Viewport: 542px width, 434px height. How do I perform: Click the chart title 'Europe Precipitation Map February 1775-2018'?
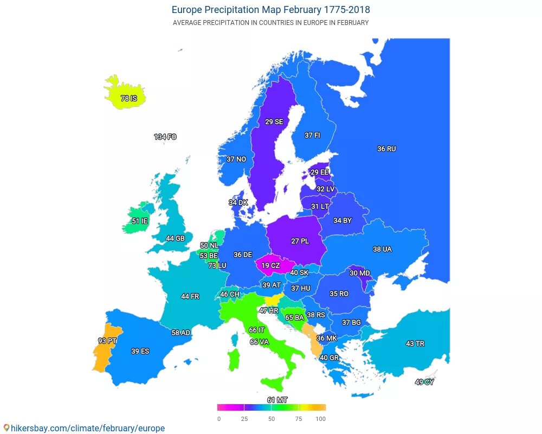[270, 10]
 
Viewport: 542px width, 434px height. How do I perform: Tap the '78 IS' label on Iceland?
[128, 99]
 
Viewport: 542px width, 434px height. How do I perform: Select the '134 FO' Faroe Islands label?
[165, 137]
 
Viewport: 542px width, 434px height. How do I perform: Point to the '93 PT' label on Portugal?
[107, 341]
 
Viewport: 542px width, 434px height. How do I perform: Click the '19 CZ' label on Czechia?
[270, 265]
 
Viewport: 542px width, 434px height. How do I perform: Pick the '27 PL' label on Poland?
[300, 241]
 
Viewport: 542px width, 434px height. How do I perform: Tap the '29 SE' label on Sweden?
[274, 122]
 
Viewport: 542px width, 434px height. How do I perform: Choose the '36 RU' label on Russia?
[386, 149]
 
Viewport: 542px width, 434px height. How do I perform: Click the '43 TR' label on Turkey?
[415, 343]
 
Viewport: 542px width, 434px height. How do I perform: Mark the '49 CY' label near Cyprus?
[424, 382]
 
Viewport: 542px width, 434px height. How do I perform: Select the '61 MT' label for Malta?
[277, 400]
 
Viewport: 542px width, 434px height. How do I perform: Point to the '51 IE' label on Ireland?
[140, 221]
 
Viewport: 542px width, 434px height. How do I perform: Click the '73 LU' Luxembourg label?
[217, 265]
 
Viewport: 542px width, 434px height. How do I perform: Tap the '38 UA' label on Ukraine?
[382, 249]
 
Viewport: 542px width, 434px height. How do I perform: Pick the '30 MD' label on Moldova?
[360, 273]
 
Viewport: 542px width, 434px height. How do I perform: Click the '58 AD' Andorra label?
[181, 333]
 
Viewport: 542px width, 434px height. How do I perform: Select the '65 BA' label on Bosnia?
[294, 317]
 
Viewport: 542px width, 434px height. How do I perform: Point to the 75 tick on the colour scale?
[299, 419]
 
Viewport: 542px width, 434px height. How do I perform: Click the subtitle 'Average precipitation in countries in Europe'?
[270, 23]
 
